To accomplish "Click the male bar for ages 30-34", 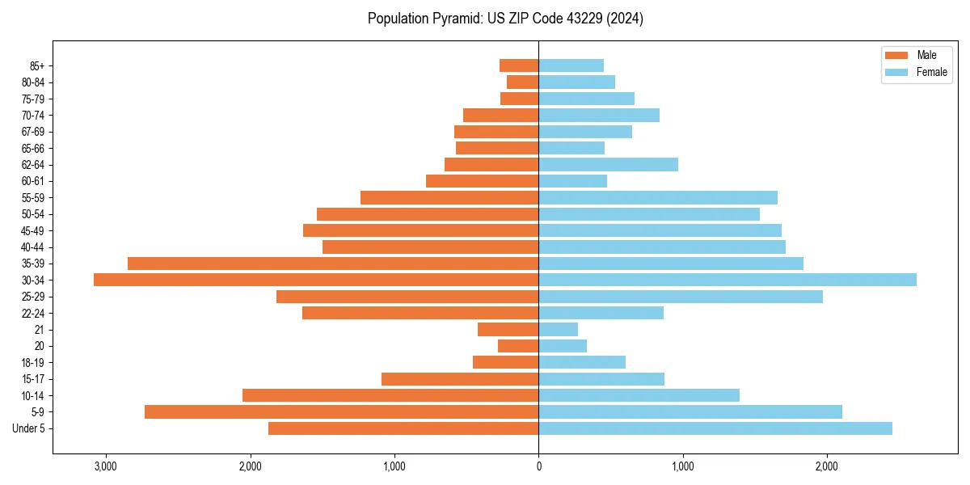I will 316,280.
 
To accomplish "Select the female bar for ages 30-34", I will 727,280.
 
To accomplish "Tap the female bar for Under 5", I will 715,428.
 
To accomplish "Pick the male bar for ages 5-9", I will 341,411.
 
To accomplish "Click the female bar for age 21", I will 559,329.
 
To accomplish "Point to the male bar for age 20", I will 518,346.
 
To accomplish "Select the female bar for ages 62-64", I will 609,164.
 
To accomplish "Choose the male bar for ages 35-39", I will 333,264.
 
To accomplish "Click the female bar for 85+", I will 571,65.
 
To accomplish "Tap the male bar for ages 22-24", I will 420,313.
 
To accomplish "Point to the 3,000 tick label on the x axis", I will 106,466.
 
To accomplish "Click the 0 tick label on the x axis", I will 539,466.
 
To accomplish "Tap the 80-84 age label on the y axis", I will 32,82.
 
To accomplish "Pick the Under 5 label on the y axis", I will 29,428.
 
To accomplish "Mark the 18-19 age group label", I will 32,362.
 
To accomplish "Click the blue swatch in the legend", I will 897,72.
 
